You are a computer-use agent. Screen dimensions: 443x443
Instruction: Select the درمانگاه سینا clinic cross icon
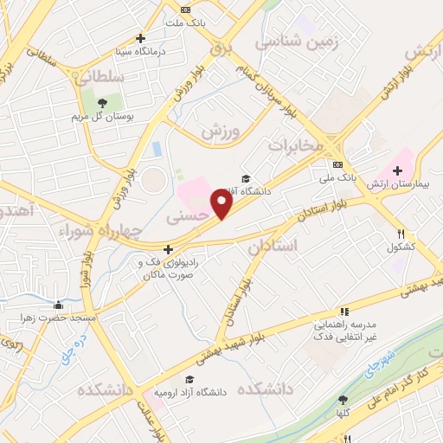[x=141, y=38]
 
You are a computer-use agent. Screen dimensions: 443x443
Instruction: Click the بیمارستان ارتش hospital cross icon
[x=397, y=170]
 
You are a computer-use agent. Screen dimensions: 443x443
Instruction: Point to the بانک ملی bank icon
[x=338, y=164]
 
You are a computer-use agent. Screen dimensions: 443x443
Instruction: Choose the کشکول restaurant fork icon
[x=400, y=234]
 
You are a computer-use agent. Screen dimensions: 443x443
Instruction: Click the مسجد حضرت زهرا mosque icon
[x=58, y=305]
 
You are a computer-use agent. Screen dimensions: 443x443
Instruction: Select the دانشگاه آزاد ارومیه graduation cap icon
[x=189, y=379]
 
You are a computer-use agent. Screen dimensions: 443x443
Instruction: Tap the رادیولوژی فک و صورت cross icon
[x=168, y=249]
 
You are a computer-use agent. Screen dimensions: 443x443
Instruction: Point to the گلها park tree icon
[x=343, y=400]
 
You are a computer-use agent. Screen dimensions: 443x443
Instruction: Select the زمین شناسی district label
[x=299, y=40]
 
